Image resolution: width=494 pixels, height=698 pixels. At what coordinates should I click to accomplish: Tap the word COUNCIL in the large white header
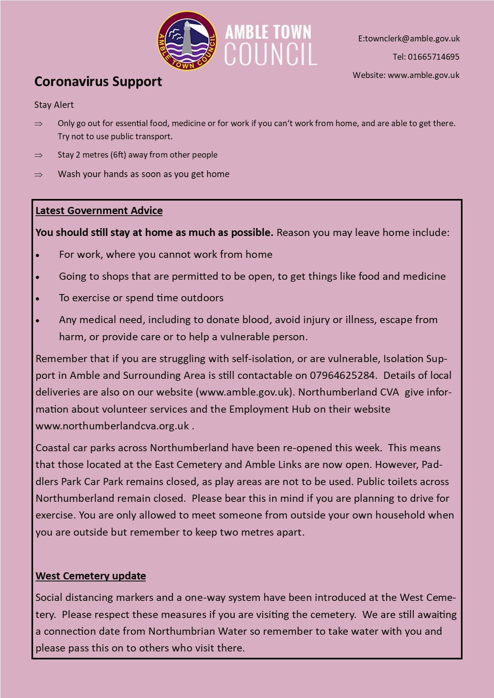pyautogui.click(x=271, y=54)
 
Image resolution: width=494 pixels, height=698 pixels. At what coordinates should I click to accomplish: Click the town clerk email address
pyautogui.click(x=409, y=39)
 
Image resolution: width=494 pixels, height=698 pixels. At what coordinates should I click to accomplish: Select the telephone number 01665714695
pyautogui.click(x=433, y=57)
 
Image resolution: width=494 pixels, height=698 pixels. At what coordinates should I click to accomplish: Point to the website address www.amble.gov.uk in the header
pyautogui.click(x=423, y=75)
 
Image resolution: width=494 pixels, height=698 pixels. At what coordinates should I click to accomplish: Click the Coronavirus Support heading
pyautogui.click(x=98, y=82)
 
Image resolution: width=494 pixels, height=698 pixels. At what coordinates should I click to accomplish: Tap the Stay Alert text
pyautogui.click(x=54, y=105)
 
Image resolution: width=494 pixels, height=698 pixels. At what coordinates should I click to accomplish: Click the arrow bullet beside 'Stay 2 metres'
pyautogui.click(x=39, y=155)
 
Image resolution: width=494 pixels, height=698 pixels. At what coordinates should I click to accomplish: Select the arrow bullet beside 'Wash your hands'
pyautogui.click(x=39, y=174)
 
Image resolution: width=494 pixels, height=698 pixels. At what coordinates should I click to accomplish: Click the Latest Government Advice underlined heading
pyautogui.click(x=99, y=211)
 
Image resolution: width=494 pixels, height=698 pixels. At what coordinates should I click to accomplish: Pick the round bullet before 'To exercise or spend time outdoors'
pyautogui.click(x=38, y=298)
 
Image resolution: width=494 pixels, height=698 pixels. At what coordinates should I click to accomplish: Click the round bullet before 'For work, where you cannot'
pyautogui.click(x=38, y=255)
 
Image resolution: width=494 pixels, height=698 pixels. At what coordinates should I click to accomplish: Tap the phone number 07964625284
pyautogui.click(x=342, y=375)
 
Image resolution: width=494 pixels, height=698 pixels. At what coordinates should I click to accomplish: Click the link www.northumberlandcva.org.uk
pyautogui.click(x=112, y=426)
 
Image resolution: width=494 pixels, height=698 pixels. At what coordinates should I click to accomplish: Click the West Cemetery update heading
pyautogui.click(x=90, y=576)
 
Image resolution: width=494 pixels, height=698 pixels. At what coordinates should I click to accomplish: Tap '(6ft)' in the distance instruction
pyautogui.click(x=118, y=155)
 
